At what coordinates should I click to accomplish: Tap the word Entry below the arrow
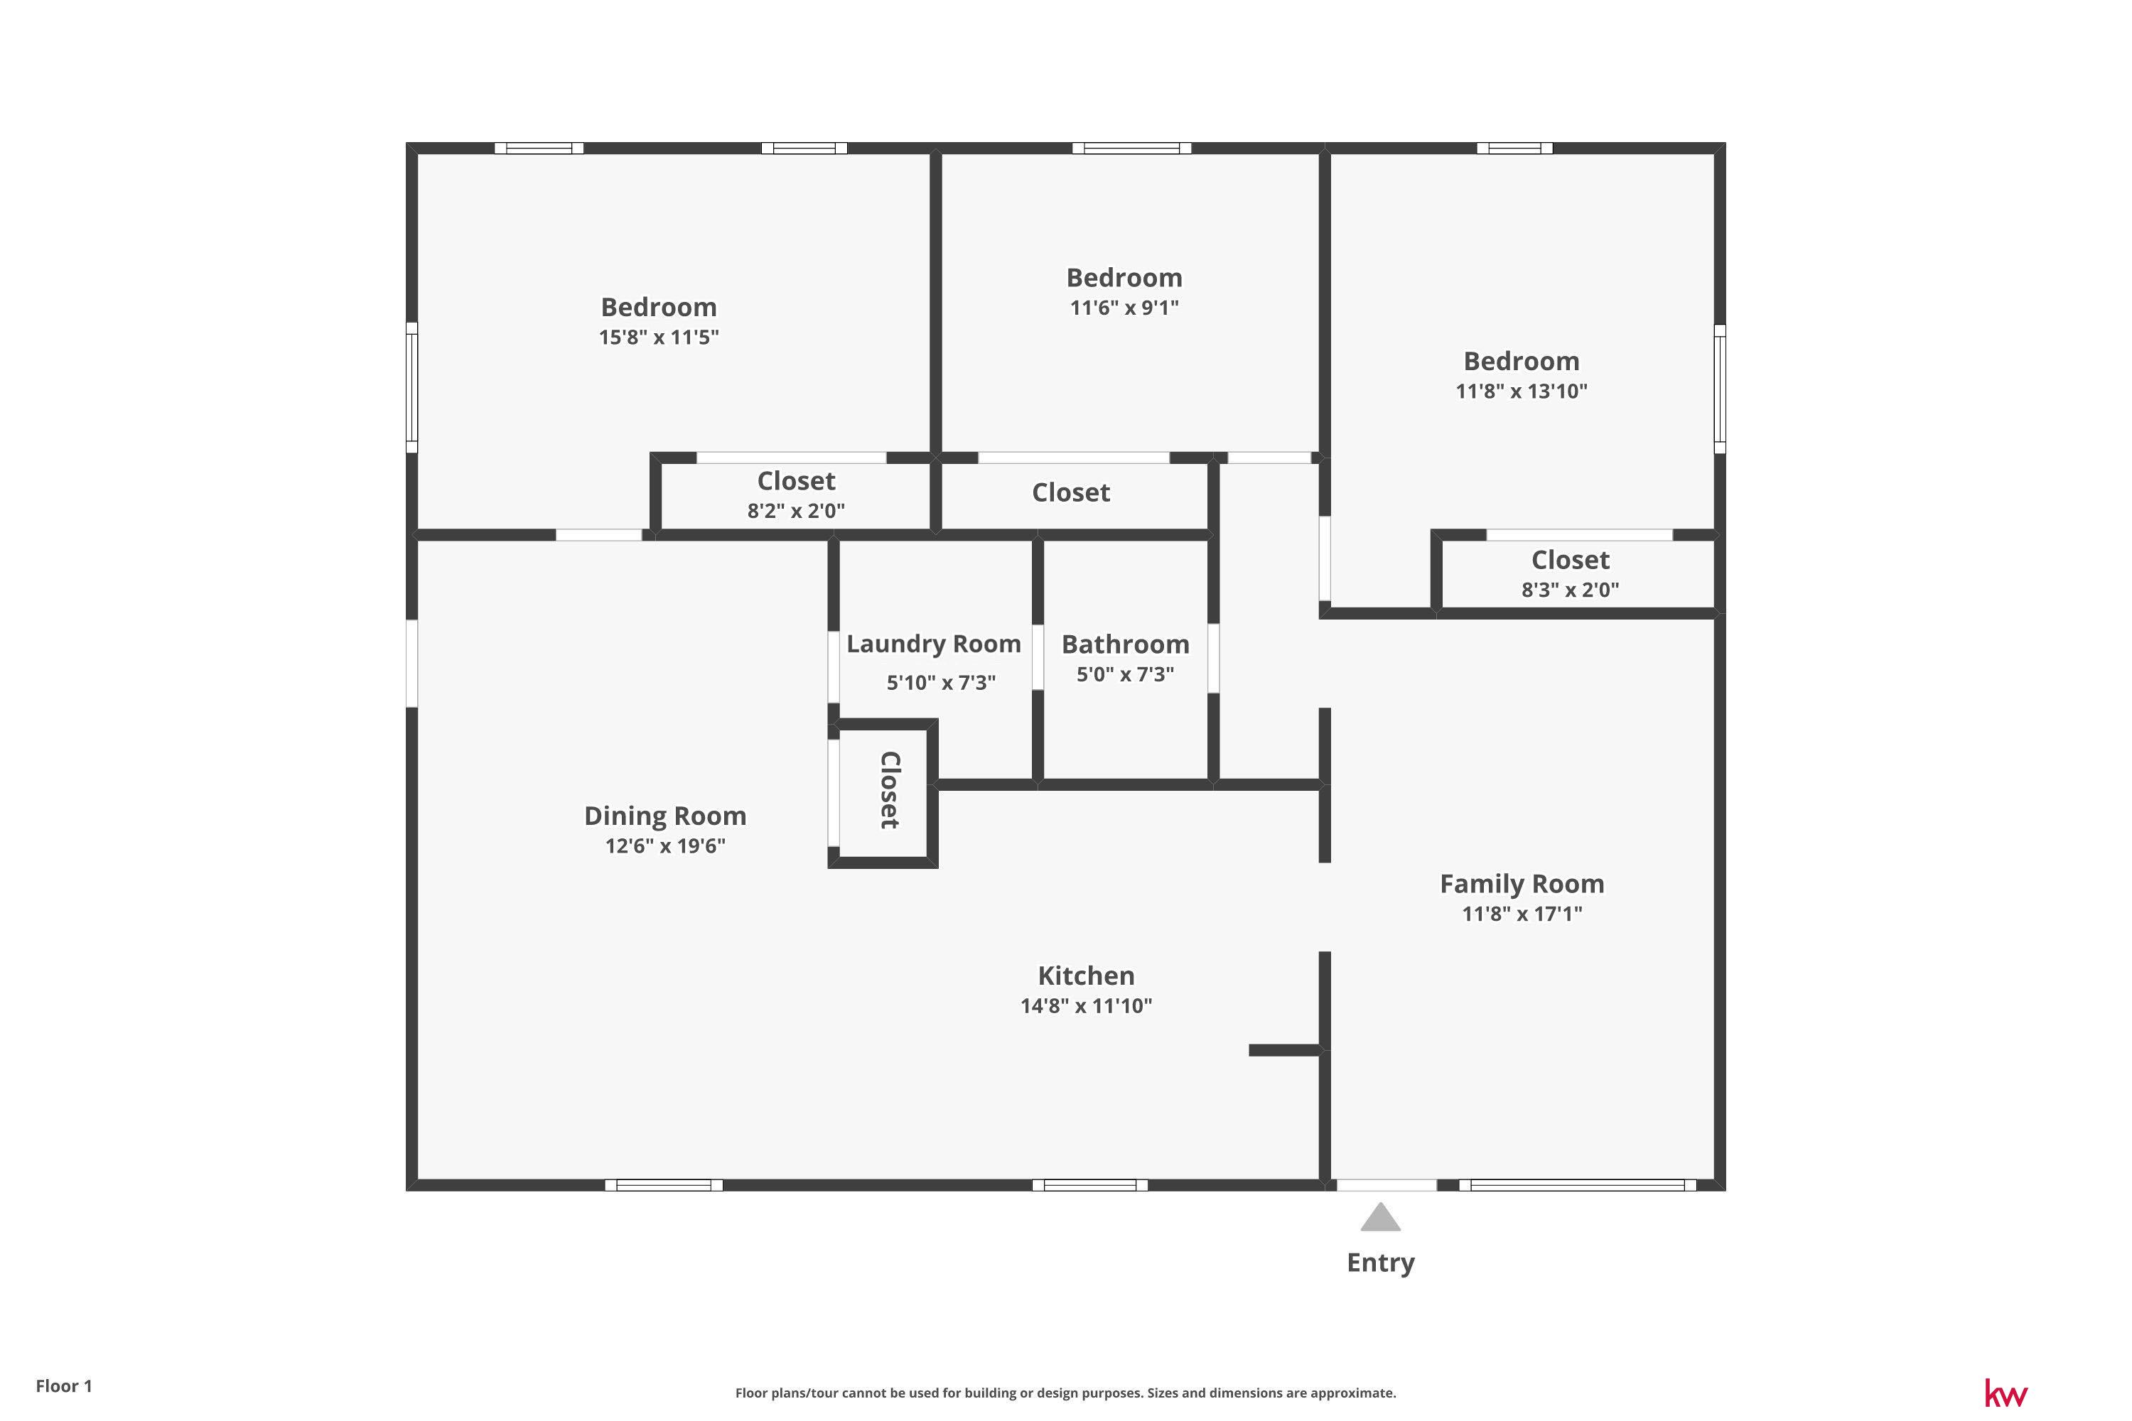click(1381, 1263)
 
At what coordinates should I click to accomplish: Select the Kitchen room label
click(1086, 976)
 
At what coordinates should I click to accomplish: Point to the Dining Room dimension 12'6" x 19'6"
click(665, 845)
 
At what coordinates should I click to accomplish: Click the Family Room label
click(1522, 885)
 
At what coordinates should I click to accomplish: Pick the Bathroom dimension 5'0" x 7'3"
click(1125, 674)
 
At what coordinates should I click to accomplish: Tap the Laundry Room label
click(934, 644)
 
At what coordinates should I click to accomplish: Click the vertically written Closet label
click(889, 789)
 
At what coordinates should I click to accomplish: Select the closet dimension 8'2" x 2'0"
click(796, 511)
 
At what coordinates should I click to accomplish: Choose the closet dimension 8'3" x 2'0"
click(1570, 590)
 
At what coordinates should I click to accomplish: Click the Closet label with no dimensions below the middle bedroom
click(1070, 493)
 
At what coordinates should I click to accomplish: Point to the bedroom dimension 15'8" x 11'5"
click(659, 337)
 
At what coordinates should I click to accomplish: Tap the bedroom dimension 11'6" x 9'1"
click(1124, 307)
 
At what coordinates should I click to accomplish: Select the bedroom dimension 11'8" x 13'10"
click(1522, 391)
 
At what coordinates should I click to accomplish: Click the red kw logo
click(2007, 1393)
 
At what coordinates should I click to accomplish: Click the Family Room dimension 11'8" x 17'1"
click(1522, 914)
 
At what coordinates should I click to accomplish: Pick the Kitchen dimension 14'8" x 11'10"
click(1086, 1005)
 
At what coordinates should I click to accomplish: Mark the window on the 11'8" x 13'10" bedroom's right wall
click(1720, 389)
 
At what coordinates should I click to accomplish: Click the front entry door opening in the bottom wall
click(1387, 1184)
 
